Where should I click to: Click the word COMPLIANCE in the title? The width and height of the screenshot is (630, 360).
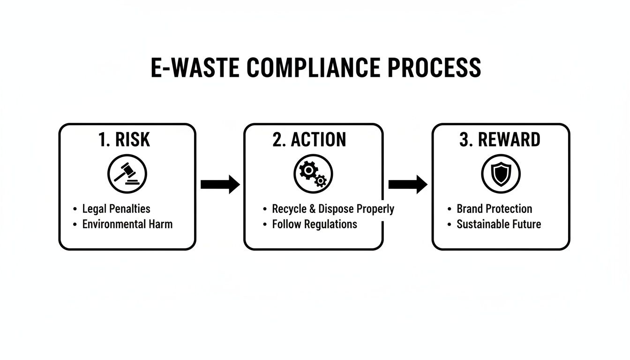point(313,68)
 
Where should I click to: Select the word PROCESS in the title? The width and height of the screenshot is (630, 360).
point(434,68)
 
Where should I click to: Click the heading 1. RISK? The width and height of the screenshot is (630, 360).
point(125,140)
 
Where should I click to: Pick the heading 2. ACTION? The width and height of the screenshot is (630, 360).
point(309,140)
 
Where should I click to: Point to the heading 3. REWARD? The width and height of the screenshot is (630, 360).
point(500,140)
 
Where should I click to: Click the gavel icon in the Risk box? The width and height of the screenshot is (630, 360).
point(127,174)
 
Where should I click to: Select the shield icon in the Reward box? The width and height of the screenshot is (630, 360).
point(501,174)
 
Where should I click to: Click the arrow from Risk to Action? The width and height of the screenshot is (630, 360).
point(219,185)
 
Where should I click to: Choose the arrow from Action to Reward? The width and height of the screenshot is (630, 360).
point(407,185)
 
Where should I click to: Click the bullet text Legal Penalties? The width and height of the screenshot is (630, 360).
point(116,209)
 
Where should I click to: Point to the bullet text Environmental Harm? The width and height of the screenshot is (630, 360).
point(127,224)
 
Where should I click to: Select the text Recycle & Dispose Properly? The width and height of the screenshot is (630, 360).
point(333,209)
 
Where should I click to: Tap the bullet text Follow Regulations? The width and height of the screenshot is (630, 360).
point(315,224)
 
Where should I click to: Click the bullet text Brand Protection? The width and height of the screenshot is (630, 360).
point(494,209)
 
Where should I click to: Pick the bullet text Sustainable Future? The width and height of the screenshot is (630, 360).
point(499,224)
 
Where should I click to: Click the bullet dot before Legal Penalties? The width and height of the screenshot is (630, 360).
point(75,209)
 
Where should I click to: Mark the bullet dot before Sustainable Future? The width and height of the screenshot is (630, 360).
point(449,224)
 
